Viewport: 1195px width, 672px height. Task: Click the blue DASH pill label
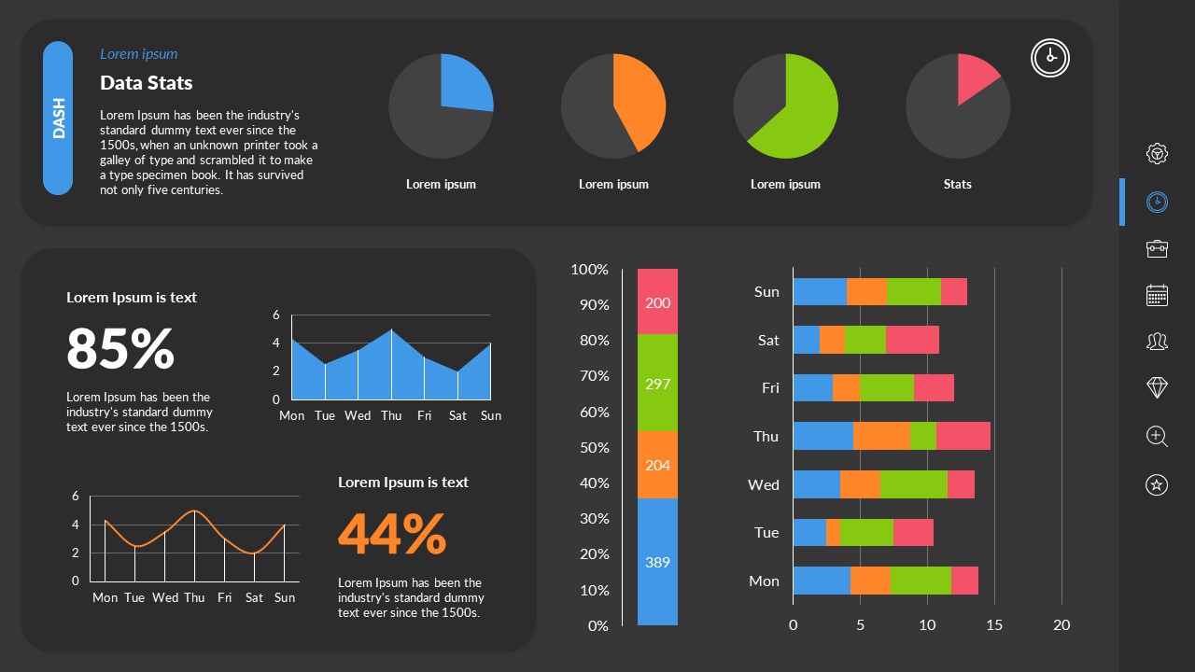point(58,118)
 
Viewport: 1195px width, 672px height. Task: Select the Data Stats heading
point(147,83)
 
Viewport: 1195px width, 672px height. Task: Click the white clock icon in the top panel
point(1050,58)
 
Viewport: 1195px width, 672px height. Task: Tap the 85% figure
point(120,348)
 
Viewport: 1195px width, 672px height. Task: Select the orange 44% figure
point(392,534)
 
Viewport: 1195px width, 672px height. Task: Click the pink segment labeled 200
point(657,302)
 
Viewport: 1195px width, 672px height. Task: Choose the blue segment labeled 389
point(657,562)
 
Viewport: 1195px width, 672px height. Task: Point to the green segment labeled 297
point(657,384)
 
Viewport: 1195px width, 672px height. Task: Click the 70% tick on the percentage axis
point(590,376)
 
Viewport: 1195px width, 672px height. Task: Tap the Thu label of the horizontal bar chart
point(766,436)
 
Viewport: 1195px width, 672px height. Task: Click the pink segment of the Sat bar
point(912,340)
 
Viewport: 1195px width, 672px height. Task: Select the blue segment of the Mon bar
point(822,581)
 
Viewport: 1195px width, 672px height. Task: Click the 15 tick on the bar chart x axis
point(994,625)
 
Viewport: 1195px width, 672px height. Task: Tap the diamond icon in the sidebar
point(1157,387)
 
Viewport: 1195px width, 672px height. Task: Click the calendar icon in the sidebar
point(1157,295)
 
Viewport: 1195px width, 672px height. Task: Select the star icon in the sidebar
point(1157,484)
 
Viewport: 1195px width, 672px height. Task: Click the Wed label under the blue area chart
point(358,415)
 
